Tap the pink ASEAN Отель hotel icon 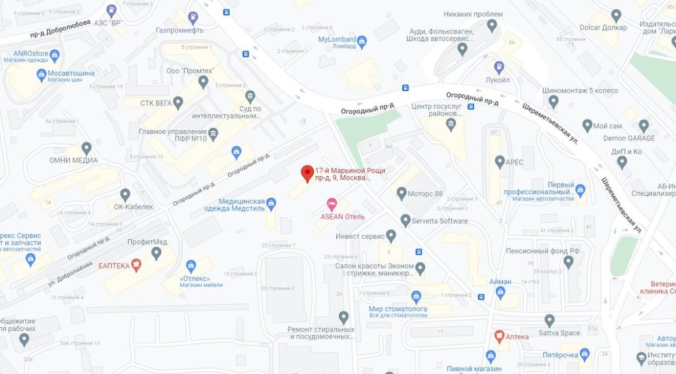332,203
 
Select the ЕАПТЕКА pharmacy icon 136,265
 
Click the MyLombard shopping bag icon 362,41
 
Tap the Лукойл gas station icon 499,66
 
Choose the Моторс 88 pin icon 402,193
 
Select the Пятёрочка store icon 584,353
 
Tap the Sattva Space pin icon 549,320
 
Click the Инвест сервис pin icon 391,236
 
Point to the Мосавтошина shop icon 42,75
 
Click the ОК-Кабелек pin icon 125,195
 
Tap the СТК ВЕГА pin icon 178,103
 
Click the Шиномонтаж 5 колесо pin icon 554,102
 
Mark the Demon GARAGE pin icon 644,125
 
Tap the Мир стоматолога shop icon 416,297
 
